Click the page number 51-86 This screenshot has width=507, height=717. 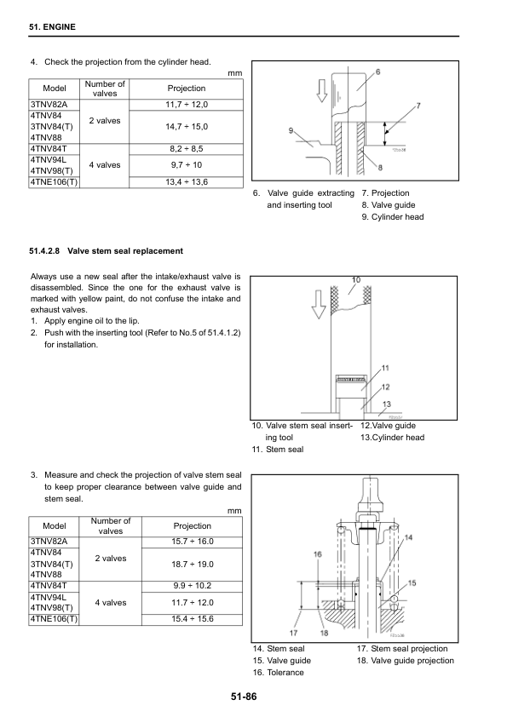pyautogui.click(x=244, y=697)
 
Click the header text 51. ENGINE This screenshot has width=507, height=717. pyautogui.click(x=52, y=27)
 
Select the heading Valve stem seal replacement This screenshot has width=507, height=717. pyautogui.click(x=125, y=251)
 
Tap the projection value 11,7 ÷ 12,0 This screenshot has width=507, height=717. pyautogui.click(x=187, y=105)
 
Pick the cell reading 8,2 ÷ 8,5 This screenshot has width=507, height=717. pyautogui.click(x=187, y=149)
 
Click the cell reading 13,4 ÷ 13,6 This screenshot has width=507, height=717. pyautogui.click(x=187, y=182)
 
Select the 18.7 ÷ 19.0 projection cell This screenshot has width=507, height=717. pyautogui.click(x=193, y=565)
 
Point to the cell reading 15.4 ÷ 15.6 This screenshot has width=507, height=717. pyautogui.click(x=193, y=619)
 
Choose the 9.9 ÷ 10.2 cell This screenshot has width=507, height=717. pyautogui.click(x=193, y=586)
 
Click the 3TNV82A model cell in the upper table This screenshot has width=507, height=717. pyautogui.click(x=49, y=105)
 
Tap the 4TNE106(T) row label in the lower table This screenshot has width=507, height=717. pyautogui.click(x=54, y=620)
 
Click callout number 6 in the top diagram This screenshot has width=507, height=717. pyautogui.click(x=378, y=72)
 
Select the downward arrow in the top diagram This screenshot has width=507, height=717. pyautogui.click(x=322, y=90)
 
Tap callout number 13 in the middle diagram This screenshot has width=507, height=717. pyautogui.click(x=387, y=404)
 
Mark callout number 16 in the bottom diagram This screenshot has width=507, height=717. pyautogui.click(x=318, y=554)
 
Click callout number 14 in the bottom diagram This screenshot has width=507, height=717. pyautogui.click(x=409, y=537)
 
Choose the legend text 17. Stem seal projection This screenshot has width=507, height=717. pyautogui.click(x=402, y=649)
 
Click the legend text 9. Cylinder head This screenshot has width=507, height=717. pyautogui.click(x=393, y=217)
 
